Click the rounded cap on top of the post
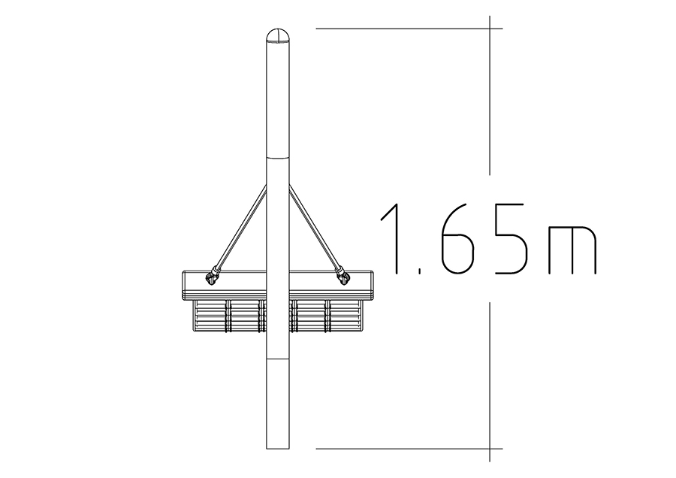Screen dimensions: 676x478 point(278,36)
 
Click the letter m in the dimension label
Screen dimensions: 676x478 point(572,250)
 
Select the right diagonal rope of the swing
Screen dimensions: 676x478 point(316,229)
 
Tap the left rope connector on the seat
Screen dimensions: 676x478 point(212,277)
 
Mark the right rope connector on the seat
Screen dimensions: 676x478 point(343,277)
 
